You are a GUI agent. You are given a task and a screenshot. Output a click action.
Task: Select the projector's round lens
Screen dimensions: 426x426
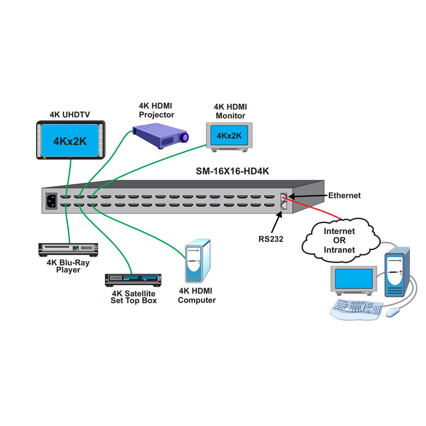coord(184,137)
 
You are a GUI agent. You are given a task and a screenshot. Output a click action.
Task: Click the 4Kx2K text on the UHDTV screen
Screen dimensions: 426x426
coord(70,141)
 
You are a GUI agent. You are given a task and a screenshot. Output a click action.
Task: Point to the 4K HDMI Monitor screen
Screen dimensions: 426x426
coord(229,135)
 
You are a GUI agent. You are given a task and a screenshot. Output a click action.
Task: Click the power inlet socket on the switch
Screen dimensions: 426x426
coord(51,201)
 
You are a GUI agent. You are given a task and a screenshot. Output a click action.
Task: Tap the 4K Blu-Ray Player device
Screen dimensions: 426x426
coord(68,250)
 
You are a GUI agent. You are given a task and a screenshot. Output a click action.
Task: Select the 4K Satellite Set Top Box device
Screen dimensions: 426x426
coord(133,280)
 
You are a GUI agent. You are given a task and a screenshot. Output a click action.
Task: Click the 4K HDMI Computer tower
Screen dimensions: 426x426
coord(198,261)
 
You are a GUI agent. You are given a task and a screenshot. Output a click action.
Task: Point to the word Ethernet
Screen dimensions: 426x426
coord(344,195)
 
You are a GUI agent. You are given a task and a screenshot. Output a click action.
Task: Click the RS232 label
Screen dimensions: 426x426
coord(271,239)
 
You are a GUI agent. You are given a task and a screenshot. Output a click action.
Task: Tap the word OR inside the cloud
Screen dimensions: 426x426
coord(339,240)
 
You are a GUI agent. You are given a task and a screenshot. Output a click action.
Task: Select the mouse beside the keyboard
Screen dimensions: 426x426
coord(393,312)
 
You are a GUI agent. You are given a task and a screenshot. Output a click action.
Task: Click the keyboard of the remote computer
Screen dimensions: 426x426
coord(356,309)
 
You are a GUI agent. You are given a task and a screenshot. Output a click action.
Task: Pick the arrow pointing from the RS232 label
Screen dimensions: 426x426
coord(276,222)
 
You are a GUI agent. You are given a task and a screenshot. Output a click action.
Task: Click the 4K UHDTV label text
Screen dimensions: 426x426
coord(70,115)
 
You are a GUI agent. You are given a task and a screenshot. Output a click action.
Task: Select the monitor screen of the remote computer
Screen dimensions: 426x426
coord(354,279)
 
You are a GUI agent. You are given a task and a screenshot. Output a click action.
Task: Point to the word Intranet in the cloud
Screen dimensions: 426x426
coord(339,250)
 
